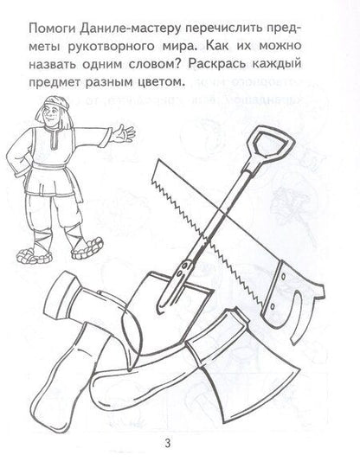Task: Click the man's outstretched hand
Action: [126, 132]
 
